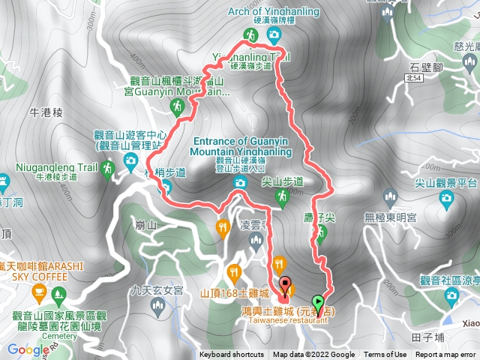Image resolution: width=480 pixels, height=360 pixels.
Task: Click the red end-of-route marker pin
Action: point(285,284)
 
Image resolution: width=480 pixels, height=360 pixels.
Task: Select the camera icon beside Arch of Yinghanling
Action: point(274,34)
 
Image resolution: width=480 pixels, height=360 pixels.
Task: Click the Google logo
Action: point(28,349)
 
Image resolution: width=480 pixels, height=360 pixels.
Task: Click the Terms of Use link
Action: point(385,355)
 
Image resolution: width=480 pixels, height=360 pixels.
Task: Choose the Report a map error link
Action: point(445,355)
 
